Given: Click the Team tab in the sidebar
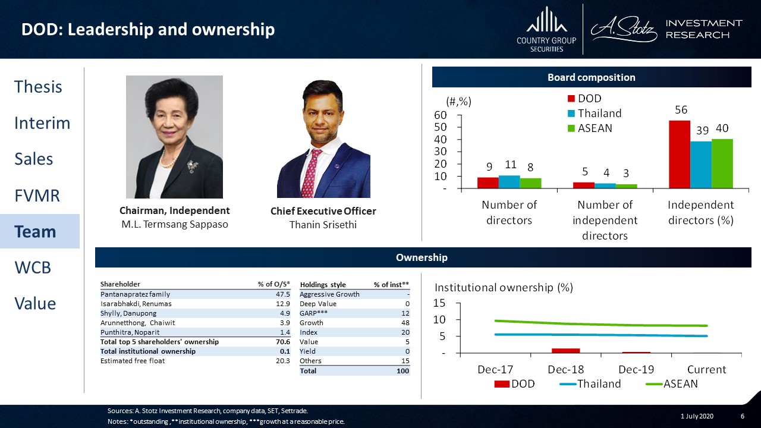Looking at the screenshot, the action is pos(35,232).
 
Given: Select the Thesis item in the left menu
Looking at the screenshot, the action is pos(38,87).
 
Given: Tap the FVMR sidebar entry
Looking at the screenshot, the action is pos(37,196).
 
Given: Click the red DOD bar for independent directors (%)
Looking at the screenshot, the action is pos(680,154).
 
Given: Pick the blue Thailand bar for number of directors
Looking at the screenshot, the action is pos(509,182).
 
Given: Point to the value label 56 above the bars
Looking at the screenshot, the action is pos(681,110).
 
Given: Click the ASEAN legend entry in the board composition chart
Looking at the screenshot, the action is pos(590,128).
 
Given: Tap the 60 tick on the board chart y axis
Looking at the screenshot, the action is pos(441,115).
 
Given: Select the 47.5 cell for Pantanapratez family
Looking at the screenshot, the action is pos(283,294).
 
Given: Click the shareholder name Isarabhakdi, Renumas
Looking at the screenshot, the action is pos(136,304).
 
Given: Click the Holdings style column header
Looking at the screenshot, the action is pos(323,285).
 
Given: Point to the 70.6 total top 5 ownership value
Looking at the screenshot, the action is pos(283,342).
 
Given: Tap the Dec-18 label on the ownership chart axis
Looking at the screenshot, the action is pos(565,369).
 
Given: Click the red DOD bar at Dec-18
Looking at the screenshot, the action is pos(565,351).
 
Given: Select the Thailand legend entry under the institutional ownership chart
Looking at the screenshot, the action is pos(590,384).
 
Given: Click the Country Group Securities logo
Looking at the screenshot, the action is pos(546,30).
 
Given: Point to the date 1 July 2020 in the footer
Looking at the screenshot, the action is pos(697,416).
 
